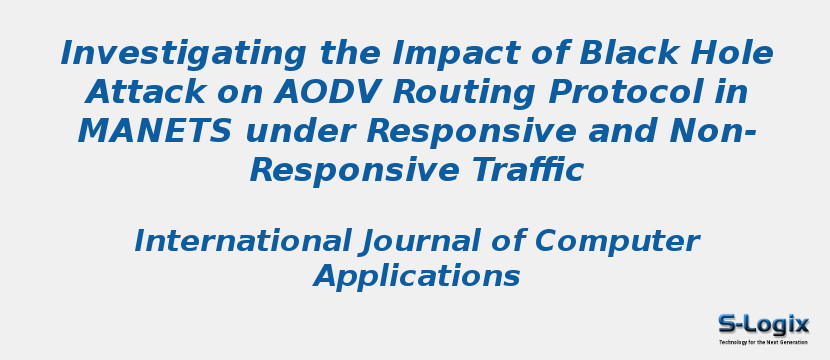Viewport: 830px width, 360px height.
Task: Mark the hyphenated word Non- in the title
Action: pyautogui.click(x=712, y=131)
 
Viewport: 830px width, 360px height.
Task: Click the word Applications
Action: pyautogui.click(x=417, y=276)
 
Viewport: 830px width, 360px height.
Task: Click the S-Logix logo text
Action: pyautogui.click(x=763, y=324)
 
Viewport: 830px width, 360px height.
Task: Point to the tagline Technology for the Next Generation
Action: pyautogui.click(x=763, y=342)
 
